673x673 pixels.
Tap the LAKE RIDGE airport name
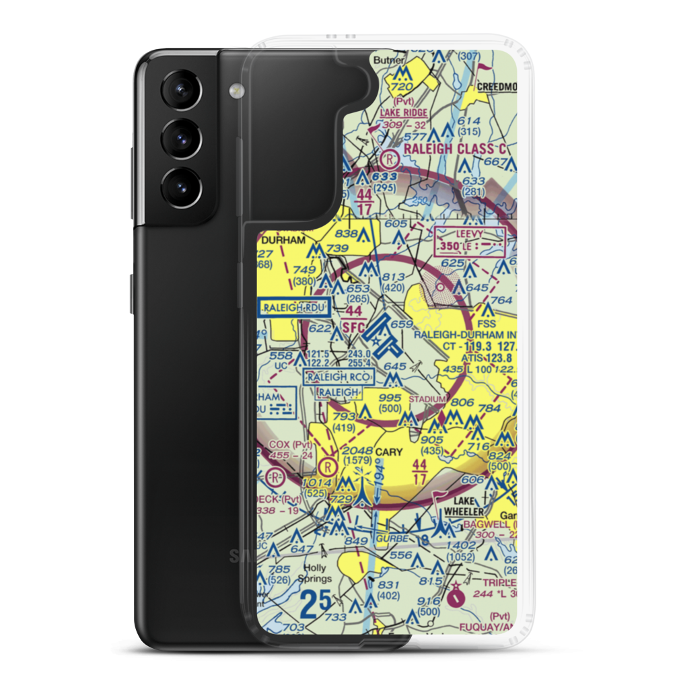(x=404, y=112)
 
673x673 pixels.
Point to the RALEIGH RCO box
(x=339, y=377)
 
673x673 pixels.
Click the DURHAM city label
(x=283, y=239)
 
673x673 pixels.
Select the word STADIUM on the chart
(x=428, y=399)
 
